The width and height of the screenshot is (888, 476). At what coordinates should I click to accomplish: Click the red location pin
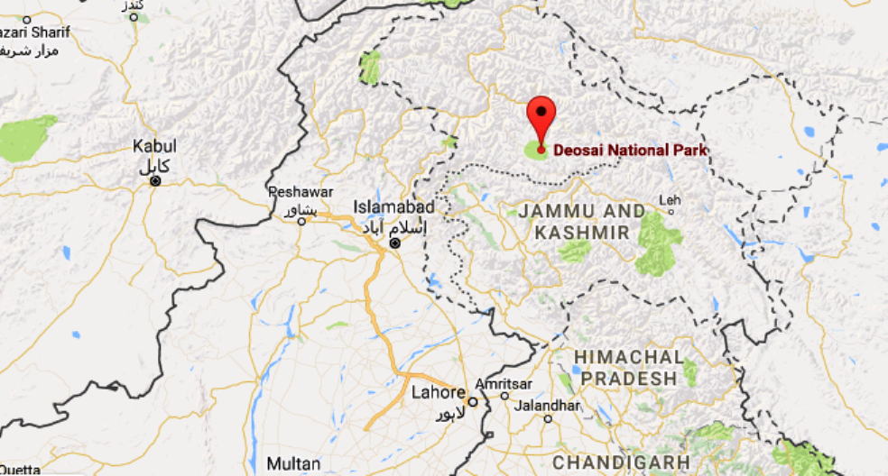[x=541, y=117]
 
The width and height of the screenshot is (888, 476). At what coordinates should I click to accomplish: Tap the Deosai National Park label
[x=630, y=151]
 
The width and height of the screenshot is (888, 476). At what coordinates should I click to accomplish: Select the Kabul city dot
[x=155, y=181]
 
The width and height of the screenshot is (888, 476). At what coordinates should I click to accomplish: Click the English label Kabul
[x=154, y=146]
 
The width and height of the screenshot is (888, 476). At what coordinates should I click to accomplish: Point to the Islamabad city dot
[x=393, y=244]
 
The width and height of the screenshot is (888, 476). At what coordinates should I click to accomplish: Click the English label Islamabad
[x=394, y=207]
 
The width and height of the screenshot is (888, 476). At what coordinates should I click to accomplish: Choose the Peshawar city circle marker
[x=302, y=220]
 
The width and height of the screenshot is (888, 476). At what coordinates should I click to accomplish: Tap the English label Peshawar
[x=301, y=193]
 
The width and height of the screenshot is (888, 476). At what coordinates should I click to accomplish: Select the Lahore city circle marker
[x=472, y=402]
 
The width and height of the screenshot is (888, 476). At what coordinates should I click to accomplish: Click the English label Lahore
[x=438, y=393]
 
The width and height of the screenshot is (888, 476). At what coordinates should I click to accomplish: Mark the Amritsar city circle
[x=504, y=396]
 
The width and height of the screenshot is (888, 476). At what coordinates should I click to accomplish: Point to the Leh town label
[x=670, y=199]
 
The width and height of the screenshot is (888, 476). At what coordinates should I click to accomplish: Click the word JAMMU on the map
[x=556, y=212]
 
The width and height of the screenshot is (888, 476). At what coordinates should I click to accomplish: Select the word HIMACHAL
[x=628, y=357]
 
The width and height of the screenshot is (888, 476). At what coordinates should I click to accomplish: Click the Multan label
[x=294, y=463]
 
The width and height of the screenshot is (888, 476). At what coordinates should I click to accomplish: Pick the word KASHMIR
[x=581, y=233]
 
